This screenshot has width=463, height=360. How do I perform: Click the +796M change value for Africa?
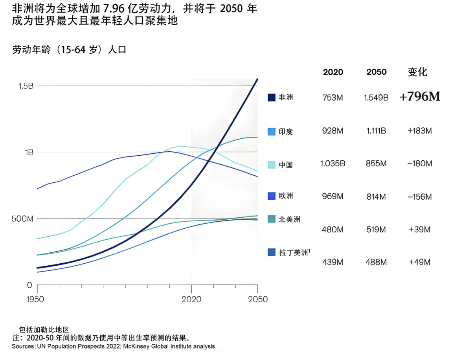[419, 97]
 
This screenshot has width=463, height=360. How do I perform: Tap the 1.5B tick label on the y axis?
[26, 86]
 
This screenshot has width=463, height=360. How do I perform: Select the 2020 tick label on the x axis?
[191, 299]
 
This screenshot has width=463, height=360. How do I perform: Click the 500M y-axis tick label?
[22, 219]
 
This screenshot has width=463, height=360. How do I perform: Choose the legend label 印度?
[286, 132]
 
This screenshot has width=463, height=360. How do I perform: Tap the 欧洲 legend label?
[286, 196]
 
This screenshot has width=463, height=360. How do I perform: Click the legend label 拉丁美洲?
[293, 253]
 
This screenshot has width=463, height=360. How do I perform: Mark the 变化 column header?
[417, 72]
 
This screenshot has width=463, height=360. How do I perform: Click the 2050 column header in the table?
[376, 72]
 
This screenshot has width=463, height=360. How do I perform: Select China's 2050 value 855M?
[376, 163]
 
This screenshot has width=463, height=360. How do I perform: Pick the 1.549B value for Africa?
[376, 98]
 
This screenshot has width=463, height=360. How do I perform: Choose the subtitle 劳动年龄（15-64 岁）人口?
[69, 50]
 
